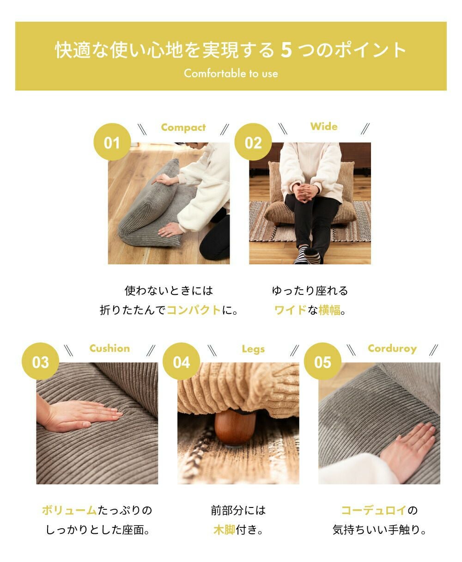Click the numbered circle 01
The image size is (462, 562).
click(x=112, y=142)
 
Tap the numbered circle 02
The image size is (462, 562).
click(x=253, y=142)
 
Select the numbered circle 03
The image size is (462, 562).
click(x=40, y=361)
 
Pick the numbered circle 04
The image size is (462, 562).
click(x=181, y=361)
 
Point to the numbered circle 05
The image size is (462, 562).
click(x=322, y=361)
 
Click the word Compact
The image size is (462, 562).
click(x=183, y=128)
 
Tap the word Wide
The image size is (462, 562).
click(x=324, y=126)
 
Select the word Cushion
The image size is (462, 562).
click(x=109, y=348)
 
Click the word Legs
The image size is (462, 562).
click(x=253, y=349)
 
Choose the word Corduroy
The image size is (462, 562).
click(x=392, y=348)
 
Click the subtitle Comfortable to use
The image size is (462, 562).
click(x=231, y=73)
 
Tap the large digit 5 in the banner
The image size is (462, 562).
click(x=286, y=50)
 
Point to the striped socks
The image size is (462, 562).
click(x=308, y=255)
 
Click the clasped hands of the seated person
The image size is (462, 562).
click(x=305, y=192)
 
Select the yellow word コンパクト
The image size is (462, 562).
click(x=194, y=310)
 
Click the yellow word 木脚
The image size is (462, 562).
click(x=224, y=530)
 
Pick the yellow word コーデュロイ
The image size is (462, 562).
click(x=374, y=510)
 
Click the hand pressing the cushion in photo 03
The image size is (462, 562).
click(x=80, y=415)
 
